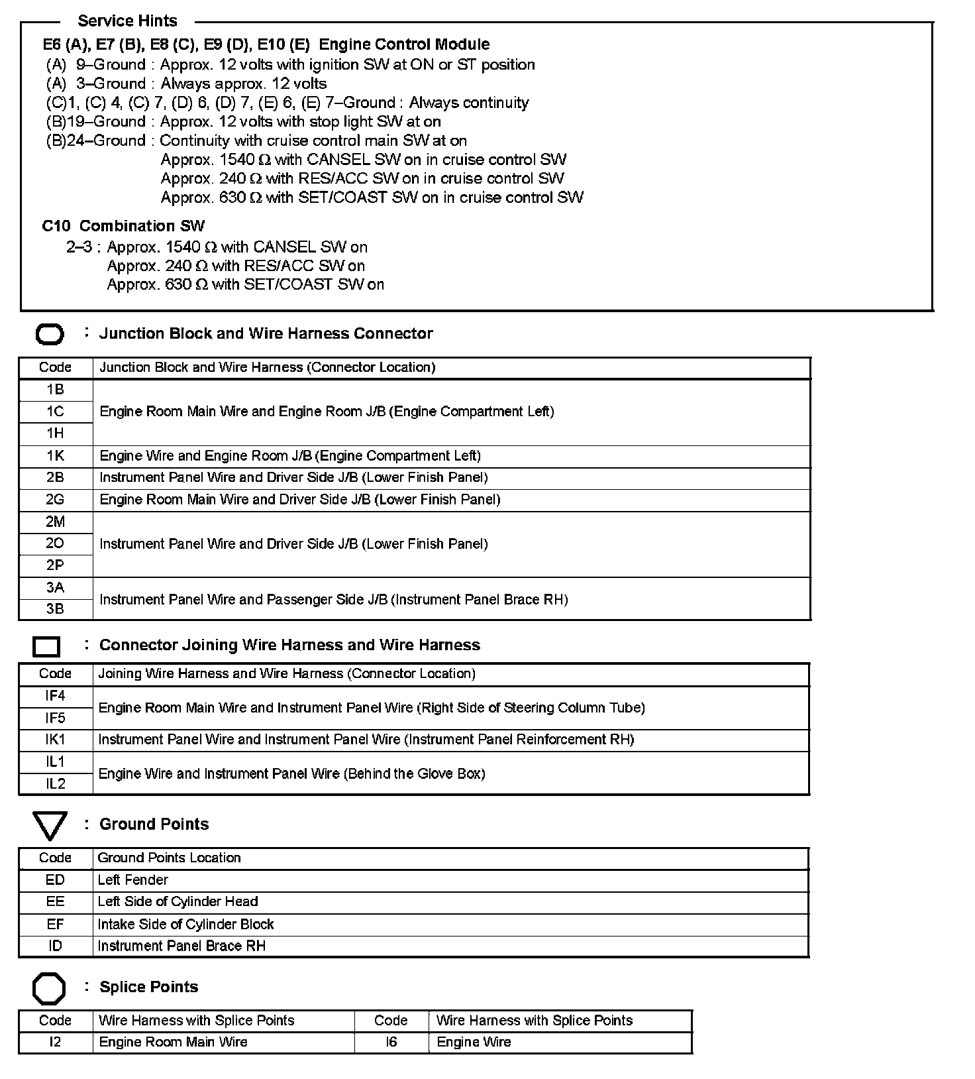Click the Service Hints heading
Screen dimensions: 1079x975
click(x=127, y=21)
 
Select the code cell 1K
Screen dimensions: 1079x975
click(x=55, y=456)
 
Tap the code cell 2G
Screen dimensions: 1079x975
click(x=55, y=500)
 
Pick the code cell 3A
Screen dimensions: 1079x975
click(x=55, y=588)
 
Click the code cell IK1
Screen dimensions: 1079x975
click(x=55, y=740)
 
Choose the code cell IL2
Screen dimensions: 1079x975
click(x=55, y=784)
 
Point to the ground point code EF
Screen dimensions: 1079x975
click(x=55, y=924)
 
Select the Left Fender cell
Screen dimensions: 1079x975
click(x=133, y=880)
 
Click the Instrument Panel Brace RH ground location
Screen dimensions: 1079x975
click(x=181, y=946)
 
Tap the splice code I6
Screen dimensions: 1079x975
click(x=391, y=1043)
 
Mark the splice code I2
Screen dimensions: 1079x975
click(x=55, y=1043)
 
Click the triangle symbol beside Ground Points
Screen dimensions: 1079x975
click(x=50, y=826)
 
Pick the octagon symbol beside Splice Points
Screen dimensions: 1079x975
click(x=49, y=989)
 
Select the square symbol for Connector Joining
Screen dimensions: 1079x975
click(x=46, y=646)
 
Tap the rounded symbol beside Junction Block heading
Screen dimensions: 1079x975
click(x=50, y=335)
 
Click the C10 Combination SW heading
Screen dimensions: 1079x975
click(x=123, y=226)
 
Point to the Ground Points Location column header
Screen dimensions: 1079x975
click(x=169, y=858)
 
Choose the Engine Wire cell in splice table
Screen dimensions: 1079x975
click(x=474, y=1043)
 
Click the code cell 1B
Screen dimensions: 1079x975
click(x=55, y=390)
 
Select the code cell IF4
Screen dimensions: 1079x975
click(x=55, y=696)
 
